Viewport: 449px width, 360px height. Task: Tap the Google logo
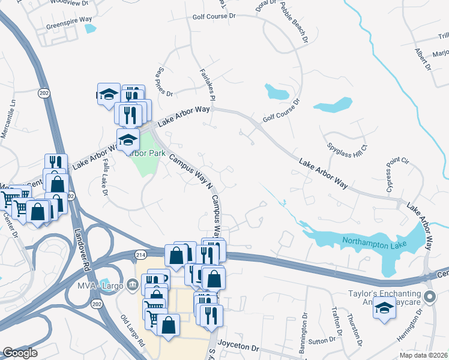[20, 353]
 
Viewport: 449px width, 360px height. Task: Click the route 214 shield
[140, 255]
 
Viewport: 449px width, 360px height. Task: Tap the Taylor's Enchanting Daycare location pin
[429, 296]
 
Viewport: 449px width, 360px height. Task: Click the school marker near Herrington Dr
[384, 309]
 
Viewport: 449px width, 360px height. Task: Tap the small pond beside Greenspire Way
[90, 28]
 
